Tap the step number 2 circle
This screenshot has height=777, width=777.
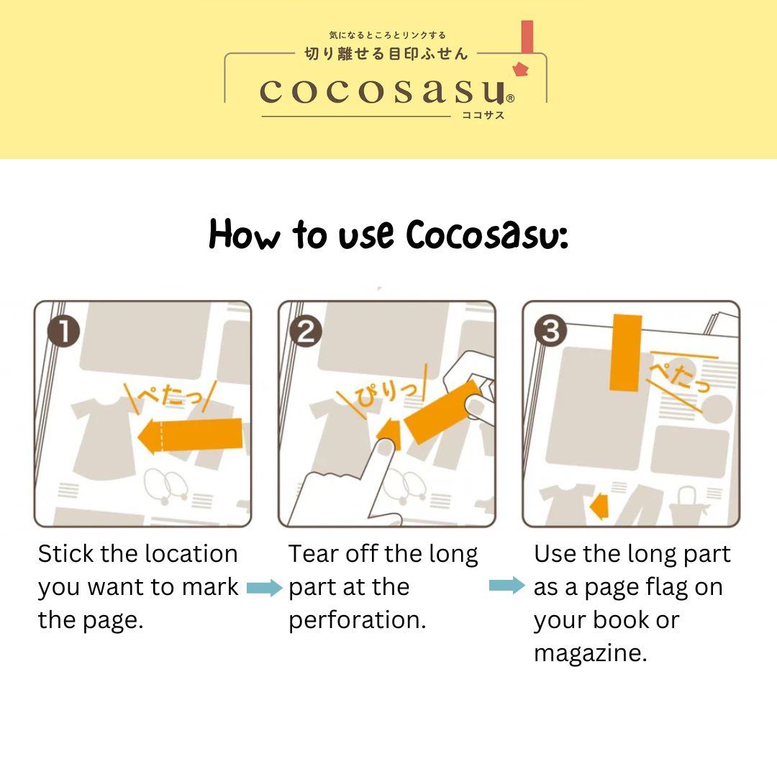(x=305, y=332)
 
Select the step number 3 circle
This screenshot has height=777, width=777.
(x=550, y=330)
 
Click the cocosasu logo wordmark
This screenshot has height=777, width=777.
(x=382, y=91)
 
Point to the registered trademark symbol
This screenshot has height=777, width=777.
(x=510, y=98)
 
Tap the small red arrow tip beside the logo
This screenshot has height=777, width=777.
(x=521, y=69)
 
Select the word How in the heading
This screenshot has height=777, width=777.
(x=245, y=234)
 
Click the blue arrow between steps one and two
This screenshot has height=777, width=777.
(x=265, y=588)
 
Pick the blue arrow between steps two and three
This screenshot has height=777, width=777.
(x=507, y=585)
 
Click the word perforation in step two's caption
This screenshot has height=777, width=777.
(x=358, y=620)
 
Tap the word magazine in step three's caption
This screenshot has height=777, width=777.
(x=590, y=653)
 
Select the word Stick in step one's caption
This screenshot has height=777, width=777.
(x=66, y=553)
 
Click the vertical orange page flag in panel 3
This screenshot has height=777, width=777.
(x=626, y=353)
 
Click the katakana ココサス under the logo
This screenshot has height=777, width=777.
(x=483, y=115)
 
